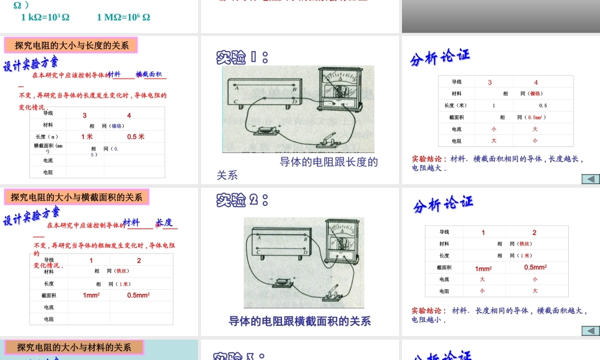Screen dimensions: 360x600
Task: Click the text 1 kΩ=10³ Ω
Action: click(x=45, y=17)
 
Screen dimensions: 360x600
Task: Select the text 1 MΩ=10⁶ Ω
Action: click(x=124, y=17)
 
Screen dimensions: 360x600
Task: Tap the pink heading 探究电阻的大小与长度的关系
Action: click(x=71, y=46)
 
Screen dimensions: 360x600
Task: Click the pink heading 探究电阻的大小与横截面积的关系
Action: click(x=77, y=197)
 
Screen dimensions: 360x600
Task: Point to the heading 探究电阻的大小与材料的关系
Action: click(x=74, y=347)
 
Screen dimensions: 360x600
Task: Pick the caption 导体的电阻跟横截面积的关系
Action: click(x=299, y=322)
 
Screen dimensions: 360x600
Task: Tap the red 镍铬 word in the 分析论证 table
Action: click(x=536, y=94)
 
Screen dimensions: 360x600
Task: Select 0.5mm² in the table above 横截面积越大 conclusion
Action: click(x=535, y=268)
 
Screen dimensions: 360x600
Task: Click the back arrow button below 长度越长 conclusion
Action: click(x=590, y=179)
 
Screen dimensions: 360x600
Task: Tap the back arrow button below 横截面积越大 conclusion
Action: click(x=590, y=331)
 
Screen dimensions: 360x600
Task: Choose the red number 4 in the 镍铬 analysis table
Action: click(x=536, y=82)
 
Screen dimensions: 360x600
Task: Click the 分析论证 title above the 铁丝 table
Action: click(x=443, y=205)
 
